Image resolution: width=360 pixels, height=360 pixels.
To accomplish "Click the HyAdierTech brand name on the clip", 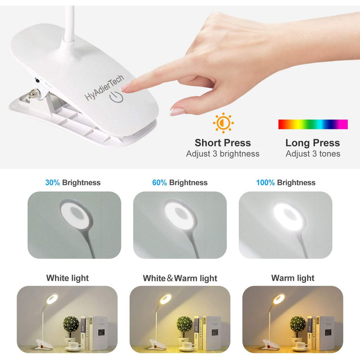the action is (104, 87).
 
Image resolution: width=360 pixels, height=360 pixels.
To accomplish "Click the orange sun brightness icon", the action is (223, 123).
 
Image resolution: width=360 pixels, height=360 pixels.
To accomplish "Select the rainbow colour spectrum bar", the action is (313, 124).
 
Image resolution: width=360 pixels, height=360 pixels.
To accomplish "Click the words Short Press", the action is (223, 143).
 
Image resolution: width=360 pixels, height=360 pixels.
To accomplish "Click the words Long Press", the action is (313, 143).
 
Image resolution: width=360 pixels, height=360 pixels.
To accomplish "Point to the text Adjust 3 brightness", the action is (223, 154).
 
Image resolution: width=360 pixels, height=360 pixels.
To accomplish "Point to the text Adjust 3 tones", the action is (313, 154).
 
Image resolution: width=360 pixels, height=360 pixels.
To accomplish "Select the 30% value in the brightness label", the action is (52, 183).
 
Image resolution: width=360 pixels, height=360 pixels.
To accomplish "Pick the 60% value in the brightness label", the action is (159, 183).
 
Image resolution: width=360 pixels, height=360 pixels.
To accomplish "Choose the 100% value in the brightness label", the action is (265, 183).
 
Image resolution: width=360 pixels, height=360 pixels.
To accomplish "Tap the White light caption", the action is (67, 278).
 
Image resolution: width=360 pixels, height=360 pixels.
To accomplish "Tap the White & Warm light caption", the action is (180, 278).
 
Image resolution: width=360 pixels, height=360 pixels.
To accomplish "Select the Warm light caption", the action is (293, 278).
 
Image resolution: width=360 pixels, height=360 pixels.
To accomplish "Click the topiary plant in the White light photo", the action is (71, 324).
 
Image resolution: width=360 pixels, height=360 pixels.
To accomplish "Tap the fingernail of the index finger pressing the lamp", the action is (125, 87).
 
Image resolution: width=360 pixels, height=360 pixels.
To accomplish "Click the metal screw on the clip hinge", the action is (33, 94).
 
